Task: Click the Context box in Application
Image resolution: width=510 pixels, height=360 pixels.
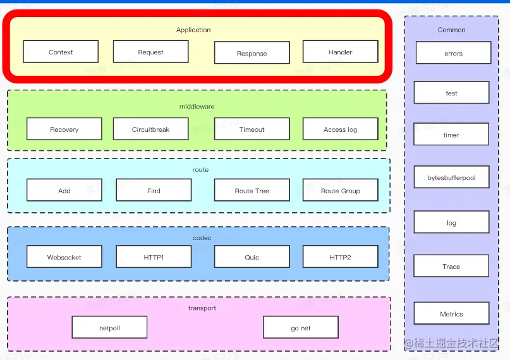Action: (61, 52)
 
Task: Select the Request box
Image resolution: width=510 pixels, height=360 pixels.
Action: (150, 52)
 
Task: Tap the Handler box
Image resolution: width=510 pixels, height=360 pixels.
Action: (340, 52)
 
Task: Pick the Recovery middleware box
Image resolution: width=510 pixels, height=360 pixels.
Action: (64, 129)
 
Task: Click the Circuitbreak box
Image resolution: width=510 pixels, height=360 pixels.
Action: (150, 129)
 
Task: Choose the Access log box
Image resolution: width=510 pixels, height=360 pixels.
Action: (340, 129)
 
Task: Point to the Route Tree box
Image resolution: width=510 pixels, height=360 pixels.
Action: (252, 190)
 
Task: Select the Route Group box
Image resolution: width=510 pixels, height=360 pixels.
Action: (340, 190)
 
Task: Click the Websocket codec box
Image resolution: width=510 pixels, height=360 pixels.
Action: (64, 257)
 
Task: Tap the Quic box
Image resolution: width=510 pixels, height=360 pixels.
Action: (252, 257)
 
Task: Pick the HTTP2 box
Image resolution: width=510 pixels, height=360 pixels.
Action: (340, 257)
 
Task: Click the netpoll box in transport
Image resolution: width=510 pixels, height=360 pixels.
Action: (109, 328)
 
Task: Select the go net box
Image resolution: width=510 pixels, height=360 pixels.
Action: (300, 328)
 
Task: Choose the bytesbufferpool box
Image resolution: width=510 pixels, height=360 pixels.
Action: (451, 177)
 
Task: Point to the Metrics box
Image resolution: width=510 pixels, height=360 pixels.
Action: (451, 314)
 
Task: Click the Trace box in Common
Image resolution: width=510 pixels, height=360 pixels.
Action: (451, 267)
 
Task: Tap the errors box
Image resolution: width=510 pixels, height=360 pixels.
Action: (453, 54)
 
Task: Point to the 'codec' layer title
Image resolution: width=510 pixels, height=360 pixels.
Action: (202, 237)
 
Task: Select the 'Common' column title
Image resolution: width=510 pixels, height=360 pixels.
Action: (451, 30)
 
